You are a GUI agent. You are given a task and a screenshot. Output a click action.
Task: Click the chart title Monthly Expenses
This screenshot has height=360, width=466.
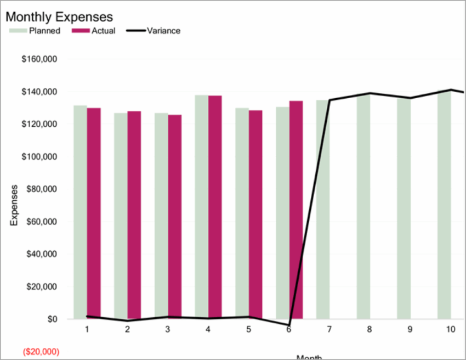pos(59,17)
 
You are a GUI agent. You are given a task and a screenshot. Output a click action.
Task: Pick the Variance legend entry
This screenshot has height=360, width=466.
pos(163,31)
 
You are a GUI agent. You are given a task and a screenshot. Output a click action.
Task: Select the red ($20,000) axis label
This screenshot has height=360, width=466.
pos(41,352)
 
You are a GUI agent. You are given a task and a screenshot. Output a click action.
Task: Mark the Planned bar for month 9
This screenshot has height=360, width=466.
pos(404,209)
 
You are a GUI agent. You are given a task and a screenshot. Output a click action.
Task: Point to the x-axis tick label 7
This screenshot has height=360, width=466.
pos(329,330)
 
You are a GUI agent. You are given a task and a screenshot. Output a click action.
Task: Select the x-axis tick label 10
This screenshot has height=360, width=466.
pos(450,330)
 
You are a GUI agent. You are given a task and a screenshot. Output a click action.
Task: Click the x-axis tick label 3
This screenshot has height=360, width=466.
pos(167,330)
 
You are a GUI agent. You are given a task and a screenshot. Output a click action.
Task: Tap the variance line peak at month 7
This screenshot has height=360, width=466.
pos(329,100)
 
